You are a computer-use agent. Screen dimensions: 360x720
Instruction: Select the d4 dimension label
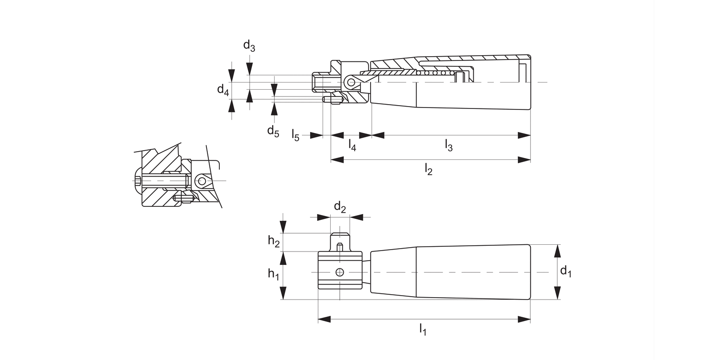pos(223,89)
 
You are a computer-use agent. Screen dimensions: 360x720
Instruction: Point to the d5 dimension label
pos(273,131)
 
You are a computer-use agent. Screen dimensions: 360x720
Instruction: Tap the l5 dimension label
pos(296,135)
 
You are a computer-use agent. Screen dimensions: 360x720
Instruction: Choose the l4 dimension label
pos(352,145)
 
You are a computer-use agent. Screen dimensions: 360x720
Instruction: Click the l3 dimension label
pos(449,145)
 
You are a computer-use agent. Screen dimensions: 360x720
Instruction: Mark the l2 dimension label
pos(429,169)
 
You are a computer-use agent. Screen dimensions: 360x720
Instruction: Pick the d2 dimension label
pos(340,207)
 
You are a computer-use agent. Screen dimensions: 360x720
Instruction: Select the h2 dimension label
pos(274,241)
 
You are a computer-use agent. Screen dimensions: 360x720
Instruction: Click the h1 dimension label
pos(274,274)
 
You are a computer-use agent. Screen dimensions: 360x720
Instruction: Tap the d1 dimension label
pos(566,272)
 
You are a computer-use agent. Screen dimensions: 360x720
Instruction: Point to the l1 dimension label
pos(423,329)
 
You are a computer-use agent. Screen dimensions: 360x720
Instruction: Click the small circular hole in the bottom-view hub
pos(340,272)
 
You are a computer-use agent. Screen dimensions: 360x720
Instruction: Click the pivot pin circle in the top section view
pos(351,83)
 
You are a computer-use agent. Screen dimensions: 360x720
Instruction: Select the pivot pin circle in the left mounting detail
pos(202,181)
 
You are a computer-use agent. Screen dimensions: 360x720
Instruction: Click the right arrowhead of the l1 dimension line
pos(525,319)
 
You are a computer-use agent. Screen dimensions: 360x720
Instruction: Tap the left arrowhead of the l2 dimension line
pos(337,160)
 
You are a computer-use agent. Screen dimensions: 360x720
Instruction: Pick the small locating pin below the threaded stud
pos(331,100)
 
